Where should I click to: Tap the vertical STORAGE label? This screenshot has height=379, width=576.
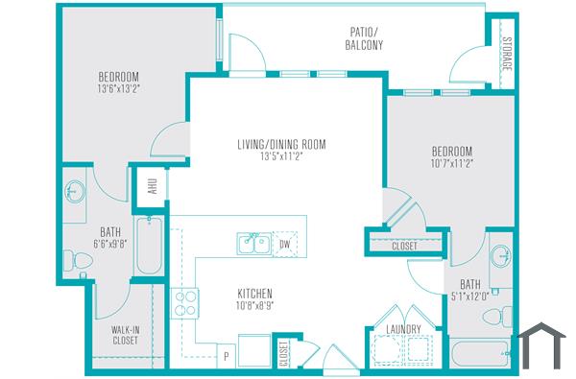[507, 57]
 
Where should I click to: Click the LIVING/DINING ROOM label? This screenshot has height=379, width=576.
[282, 145]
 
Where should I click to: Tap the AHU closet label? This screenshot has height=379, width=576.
[152, 184]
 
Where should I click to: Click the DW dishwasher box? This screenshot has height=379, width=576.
[283, 243]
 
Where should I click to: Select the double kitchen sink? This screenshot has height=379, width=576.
[253, 245]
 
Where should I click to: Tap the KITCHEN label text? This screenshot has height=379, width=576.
[255, 294]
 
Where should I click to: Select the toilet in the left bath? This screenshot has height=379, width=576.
[72, 257]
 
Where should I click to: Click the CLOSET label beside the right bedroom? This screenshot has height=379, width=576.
[405, 246]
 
